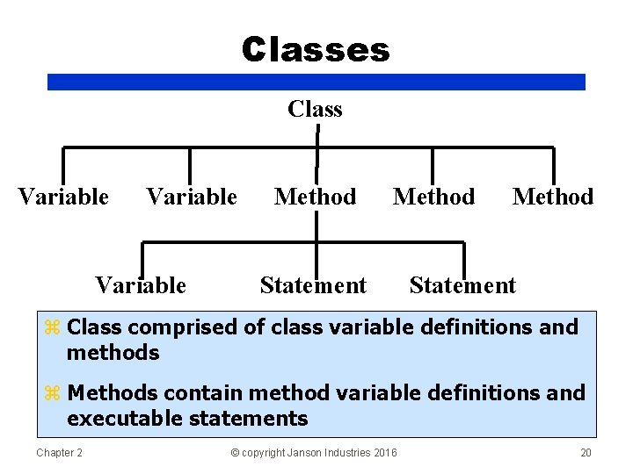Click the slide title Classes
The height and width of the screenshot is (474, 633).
[x=316, y=50]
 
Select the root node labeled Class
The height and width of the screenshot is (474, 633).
[x=315, y=109]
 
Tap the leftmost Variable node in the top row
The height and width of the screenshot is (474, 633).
[x=63, y=197]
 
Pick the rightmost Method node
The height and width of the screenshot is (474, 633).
[x=553, y=197]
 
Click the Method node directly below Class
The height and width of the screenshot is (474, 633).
[x=315, y=197]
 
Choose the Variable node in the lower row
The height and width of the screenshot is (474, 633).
[x=141, y=285]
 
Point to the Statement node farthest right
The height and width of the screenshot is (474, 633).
[x=462, y=285]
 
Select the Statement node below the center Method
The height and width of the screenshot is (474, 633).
[x=313, y=285]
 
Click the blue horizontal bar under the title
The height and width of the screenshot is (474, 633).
[x=316, y=82]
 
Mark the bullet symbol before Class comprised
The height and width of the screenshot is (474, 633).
[x=52, y=328]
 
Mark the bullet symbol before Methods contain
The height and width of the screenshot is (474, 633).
[x=52, y=393]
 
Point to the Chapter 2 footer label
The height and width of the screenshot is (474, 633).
[x=59, y=452]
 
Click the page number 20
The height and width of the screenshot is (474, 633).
[x=586, y=452]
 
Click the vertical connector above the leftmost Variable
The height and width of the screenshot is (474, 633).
[x=63, y=165]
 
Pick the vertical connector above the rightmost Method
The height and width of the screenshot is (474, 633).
[x=553, y=165]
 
